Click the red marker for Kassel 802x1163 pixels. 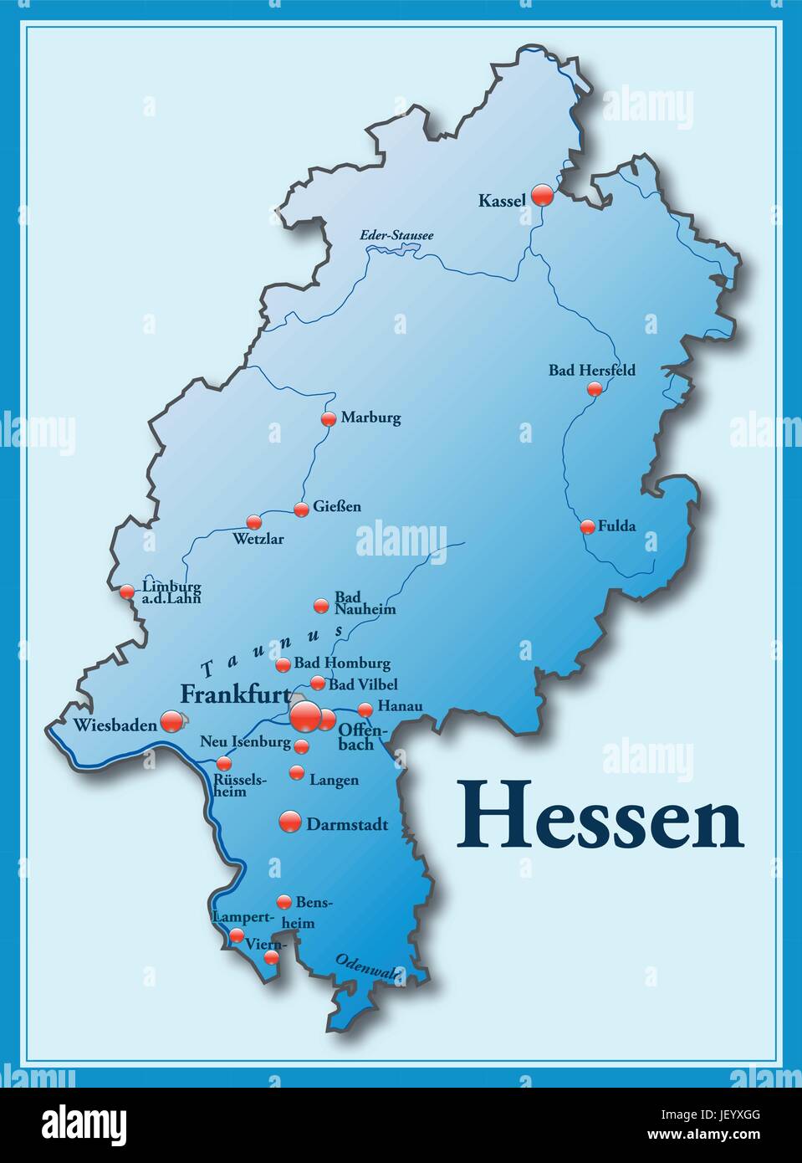tap(543, 195)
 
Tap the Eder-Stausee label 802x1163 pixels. tap(396, 235)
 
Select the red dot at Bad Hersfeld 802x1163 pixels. tap(595, 388)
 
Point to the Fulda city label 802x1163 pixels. tap(616, 526)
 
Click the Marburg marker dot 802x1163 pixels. tap(329, 418)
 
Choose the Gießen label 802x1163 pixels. tap(337, 506)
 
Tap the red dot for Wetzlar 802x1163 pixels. tap(253, 522)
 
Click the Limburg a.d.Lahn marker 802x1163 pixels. tap(126, 592)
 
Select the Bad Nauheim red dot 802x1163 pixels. tap(320, 606)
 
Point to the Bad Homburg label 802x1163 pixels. tap(342, 663)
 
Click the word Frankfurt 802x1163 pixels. tap(235, 694)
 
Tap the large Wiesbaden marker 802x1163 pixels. tap(171, 720)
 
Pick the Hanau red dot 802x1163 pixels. tap(365, 710)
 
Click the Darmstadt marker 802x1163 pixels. tap(289, 822)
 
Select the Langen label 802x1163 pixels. tap(334, 780)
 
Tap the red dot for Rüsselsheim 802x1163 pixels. tap(223, 763)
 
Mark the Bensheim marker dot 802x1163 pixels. tap(284, 902)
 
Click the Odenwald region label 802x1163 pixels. tap(369, 968)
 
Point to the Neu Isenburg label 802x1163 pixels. tap(245, 741)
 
